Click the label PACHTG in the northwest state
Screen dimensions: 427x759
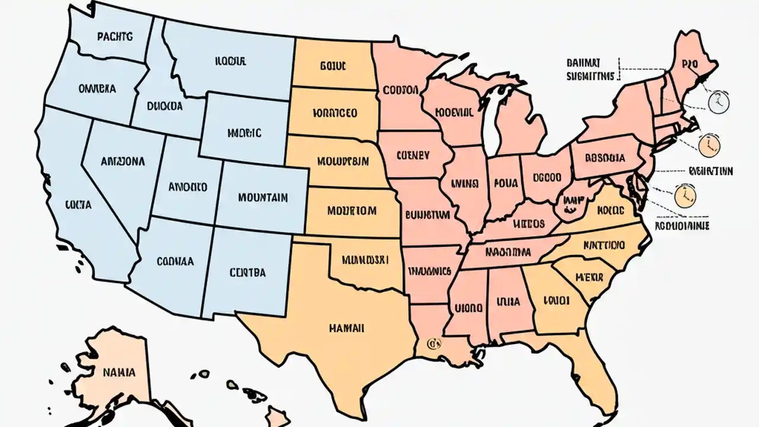click(115, 36)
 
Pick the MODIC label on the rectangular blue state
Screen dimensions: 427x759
click(244, 133)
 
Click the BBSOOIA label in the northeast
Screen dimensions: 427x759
click(605, 158)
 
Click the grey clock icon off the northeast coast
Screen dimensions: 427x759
click(717, 103)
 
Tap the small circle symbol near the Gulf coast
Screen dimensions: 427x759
click(432, 343)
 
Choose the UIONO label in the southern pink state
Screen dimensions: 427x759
click(468, 308)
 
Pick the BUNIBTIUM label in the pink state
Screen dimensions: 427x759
click(427, 214)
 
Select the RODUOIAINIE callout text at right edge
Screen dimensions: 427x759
click(681, 226)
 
